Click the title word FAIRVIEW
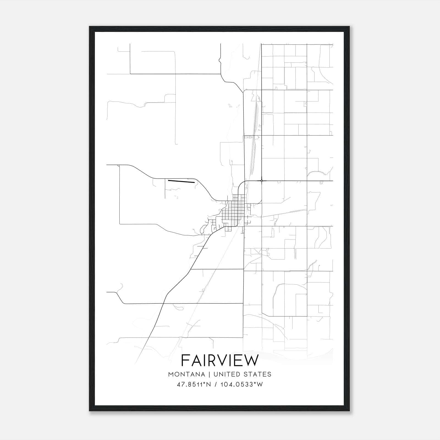coord(220,360)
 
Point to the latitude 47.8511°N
coord(194,384)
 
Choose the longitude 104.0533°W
coord(241,384)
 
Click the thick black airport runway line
coord(181,182)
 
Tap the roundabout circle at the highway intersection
coord(262,181)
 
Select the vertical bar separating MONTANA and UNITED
coord(209,374)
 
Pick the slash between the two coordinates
coord(216,384)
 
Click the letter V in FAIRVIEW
coord(222,360)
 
